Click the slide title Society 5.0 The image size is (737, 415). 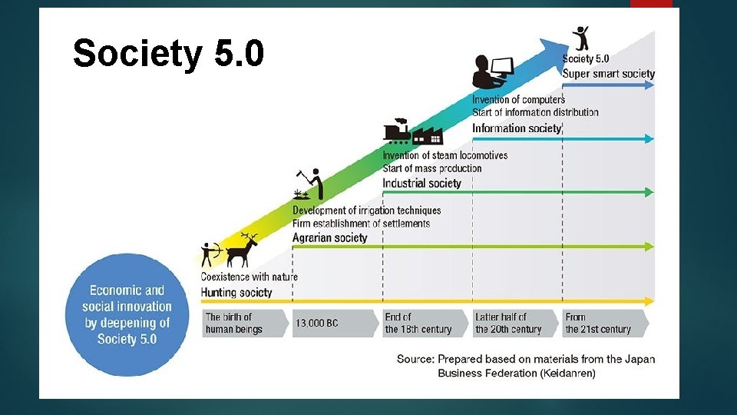(x=168, y=54)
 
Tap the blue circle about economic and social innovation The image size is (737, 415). (x=127, y=315)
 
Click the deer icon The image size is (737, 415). (x=245, y=249)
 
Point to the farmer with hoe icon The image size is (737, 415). (x=312, y=184)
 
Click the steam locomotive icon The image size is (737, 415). (x=397, y=132)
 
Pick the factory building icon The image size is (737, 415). (x=428, y=136)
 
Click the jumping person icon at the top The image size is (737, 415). (x=581, y=38)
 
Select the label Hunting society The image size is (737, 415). (x=236, y=292)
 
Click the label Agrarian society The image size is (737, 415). (x=329, y=237)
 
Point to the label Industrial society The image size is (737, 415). (x=421, y=183)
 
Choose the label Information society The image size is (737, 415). (x=517, y=128)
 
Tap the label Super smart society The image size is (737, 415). (x=608, y=74)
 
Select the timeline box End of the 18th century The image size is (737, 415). (x=419, y=323)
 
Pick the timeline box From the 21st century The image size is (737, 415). (x=599, y=323)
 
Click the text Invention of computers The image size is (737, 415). (x=518, y=99)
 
